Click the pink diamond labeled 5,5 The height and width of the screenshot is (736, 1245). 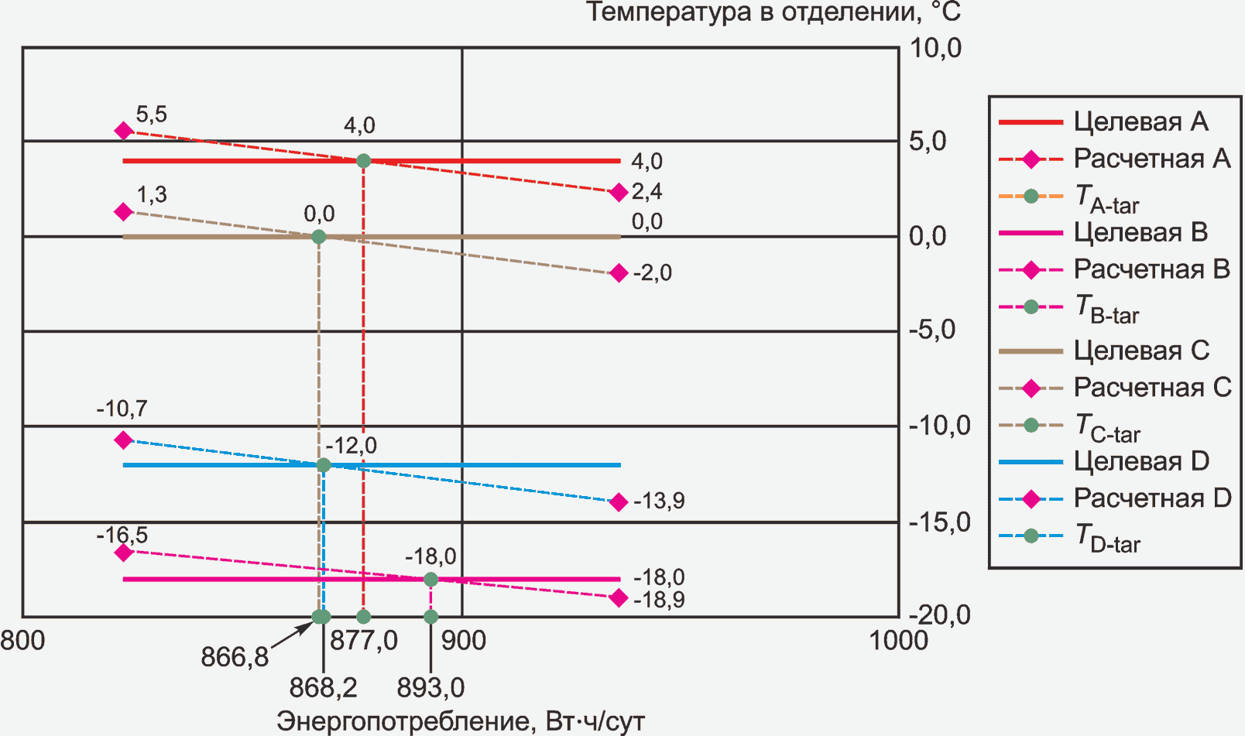click(x=123, y=131)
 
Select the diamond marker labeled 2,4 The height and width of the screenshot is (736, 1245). click(x=618, y=193)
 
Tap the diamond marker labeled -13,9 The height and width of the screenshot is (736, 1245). click(x=618, y=502)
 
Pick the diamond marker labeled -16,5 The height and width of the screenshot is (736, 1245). click(x=123, y=553)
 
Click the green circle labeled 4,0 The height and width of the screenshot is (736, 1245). click(x=363, y=161)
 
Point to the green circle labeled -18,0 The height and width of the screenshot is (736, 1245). click(x=431, y=579)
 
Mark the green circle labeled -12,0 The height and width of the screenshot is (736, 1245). click(x=324, y=465)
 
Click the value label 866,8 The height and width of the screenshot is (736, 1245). click(x=235, y=657)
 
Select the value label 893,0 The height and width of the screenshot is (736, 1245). click(x=430, y=687)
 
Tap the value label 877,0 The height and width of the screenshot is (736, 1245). click(x=364, y=641)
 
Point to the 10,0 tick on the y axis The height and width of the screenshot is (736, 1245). click(x=935, y=48)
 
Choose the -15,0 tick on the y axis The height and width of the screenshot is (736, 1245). click(x=939, y=522)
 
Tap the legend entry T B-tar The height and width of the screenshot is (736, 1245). click(x=1107, y=309)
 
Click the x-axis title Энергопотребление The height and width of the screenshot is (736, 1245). click(x=460, y=721)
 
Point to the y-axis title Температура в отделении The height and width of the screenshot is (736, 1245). click(x=773, y=13)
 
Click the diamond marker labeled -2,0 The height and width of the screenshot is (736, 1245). click(x=618, y=273)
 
